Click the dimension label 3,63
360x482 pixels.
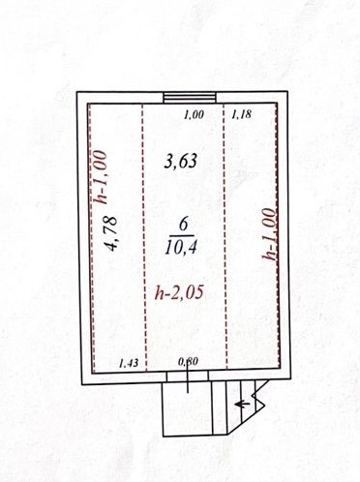click(180, 161)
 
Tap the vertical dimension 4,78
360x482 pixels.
click(111, 233)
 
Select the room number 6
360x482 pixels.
click(183, 225)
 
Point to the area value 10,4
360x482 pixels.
click(181, 248)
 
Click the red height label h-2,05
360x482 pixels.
click(179, 293)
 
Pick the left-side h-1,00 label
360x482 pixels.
click(101, 177)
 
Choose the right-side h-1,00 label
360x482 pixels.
click(269, 233)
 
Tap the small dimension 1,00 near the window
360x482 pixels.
click(194, 114)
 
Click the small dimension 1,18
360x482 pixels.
click(241, 114)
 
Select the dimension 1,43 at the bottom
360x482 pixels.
click(129, 363)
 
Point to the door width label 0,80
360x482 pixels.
click(188, 362)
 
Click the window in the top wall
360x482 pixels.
click(190, 98)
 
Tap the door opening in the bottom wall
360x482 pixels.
click(188, 376)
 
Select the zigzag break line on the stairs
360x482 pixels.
click(259, 397)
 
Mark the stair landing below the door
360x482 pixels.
click(187, 408)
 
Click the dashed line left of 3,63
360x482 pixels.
click(144, 237)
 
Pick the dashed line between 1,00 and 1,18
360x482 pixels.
click(225, 236)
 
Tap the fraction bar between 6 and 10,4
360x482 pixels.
click(183, 235)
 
